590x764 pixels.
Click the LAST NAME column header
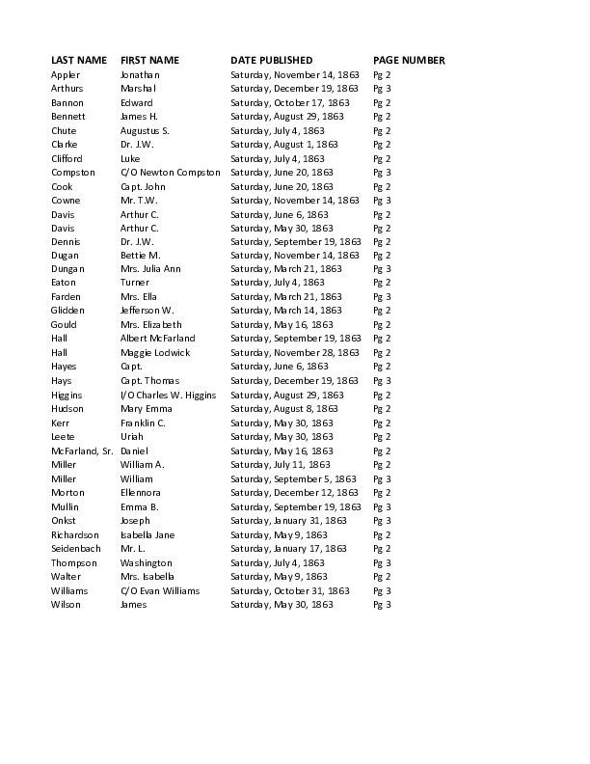point(78,60)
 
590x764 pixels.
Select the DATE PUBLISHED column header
point(271,60)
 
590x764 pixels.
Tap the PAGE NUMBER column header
point(409,60)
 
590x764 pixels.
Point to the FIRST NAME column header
point(149,60)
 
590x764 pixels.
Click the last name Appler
point(66,74)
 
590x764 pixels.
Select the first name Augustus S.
point(145,130)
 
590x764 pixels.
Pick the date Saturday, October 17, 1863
point(289,102)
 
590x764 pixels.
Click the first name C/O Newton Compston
point(170,172)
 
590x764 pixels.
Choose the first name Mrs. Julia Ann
point(149,269)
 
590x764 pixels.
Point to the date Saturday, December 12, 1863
point(293,492)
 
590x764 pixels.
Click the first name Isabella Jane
point(147,533)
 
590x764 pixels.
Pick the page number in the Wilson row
point(382,604)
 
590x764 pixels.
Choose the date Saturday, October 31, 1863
point(289,589)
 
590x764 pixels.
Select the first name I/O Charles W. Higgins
point(169,395)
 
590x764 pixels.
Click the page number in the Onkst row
point(382,520)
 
